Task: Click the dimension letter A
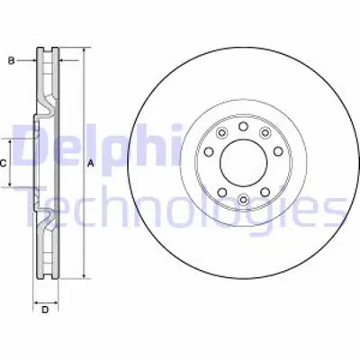[x=91, y=164]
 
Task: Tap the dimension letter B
[x=11, y=61]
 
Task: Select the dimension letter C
[x=3, y=164]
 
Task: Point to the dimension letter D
[x=45, y=310]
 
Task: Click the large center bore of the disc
[x=244, y=164]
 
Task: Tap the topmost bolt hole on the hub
[x=243, y=126]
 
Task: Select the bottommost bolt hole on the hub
[x=243, y=199]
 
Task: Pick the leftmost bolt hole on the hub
[x=209, y=152]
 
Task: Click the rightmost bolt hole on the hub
[x=278, y=152]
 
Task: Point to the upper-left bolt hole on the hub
[x=222, y=132]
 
